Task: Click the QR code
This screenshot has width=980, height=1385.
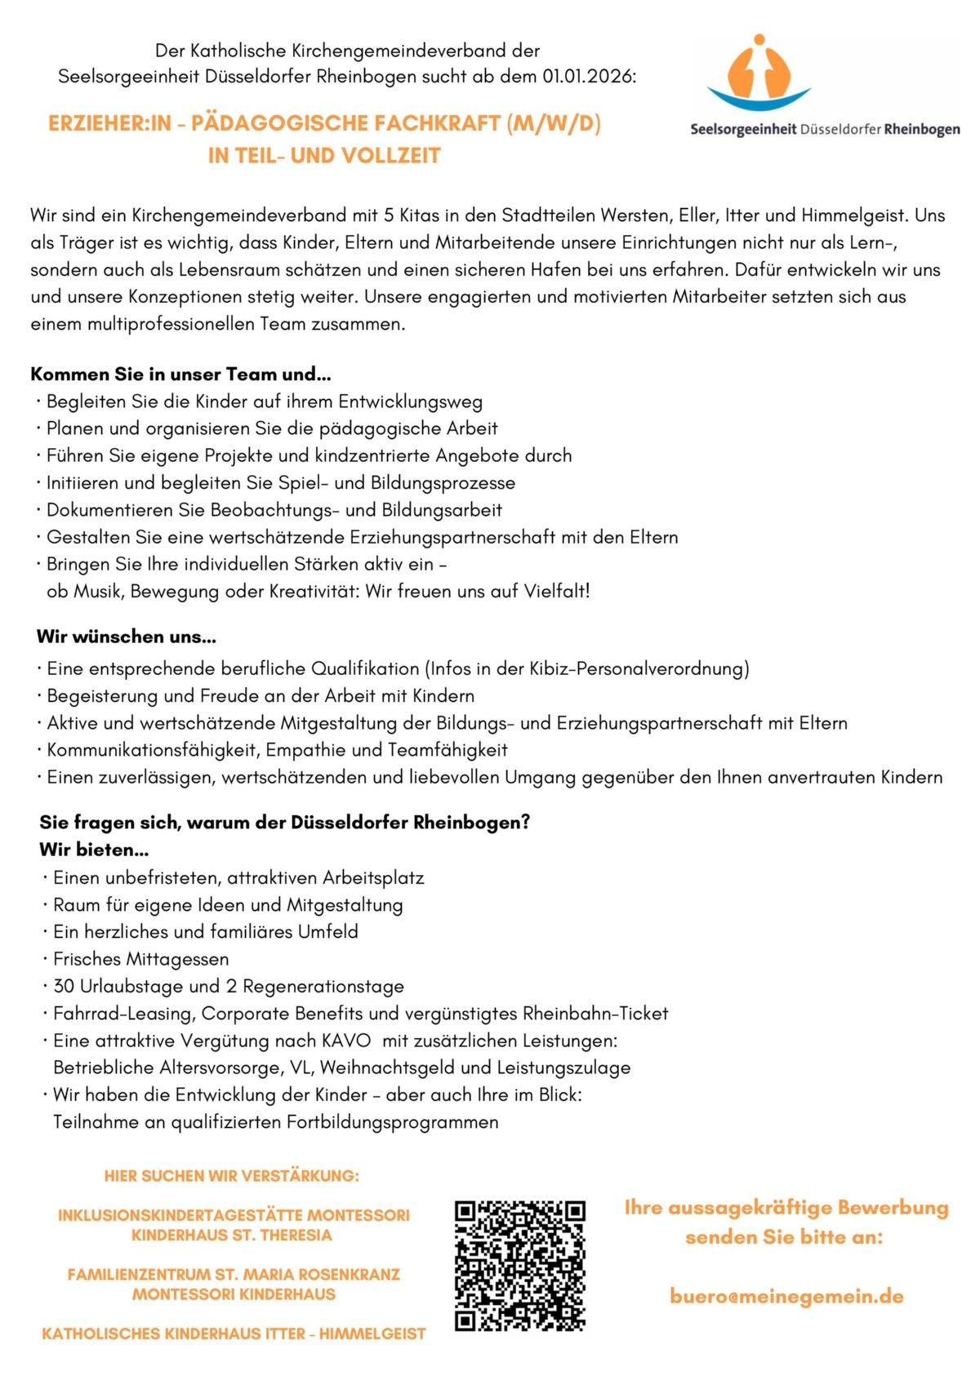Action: pos(520,1265)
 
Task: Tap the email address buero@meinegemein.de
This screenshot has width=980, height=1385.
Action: pos(786,1296)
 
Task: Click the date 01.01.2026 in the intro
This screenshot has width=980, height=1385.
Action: pos(588,77)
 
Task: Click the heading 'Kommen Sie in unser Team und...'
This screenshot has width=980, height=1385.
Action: pos(180,375)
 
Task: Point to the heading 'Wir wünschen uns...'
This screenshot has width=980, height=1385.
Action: pos(127,637)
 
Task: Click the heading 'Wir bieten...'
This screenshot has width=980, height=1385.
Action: pos(94,850)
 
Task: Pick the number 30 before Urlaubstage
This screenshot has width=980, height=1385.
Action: pos(64,986)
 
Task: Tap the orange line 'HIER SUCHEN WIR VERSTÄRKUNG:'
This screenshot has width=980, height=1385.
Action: pos(231,1176)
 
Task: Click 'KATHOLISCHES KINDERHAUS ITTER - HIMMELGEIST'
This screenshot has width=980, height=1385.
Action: pos(234,1334)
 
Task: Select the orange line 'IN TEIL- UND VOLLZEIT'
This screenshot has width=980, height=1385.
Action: pos(324,156)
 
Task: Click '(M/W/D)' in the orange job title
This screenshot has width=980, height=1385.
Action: pos(554,124)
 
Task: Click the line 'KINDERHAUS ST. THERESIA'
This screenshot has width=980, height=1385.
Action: pos(232,1235)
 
